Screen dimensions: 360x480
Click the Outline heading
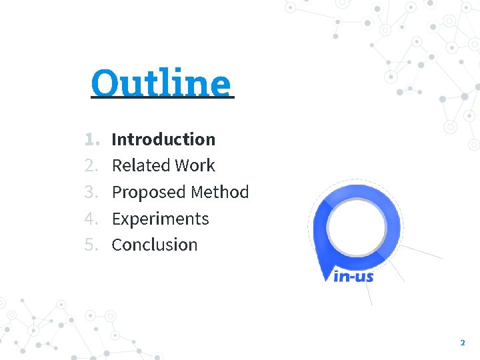[x=161, y=83]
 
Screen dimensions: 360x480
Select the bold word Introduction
[x=163, y=139]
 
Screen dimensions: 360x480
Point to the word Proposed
[x=148, y=192]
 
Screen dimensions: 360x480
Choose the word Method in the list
[x=219, y=192]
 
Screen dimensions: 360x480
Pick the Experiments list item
[x=160, y=219]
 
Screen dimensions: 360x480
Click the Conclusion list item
[x=155, y=245]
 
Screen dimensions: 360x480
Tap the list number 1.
[x=91, y=139]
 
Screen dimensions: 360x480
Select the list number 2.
[x=91, y=165]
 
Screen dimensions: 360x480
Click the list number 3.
[x=91, y=192]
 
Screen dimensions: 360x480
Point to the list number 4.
[x=91, y=219]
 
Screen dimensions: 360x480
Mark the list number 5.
[x=91, y=245]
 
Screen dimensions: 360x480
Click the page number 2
[x=462, y=343]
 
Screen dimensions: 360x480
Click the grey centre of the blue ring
[x=357, y=223]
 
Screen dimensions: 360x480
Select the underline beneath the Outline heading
[x=163, y=98]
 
